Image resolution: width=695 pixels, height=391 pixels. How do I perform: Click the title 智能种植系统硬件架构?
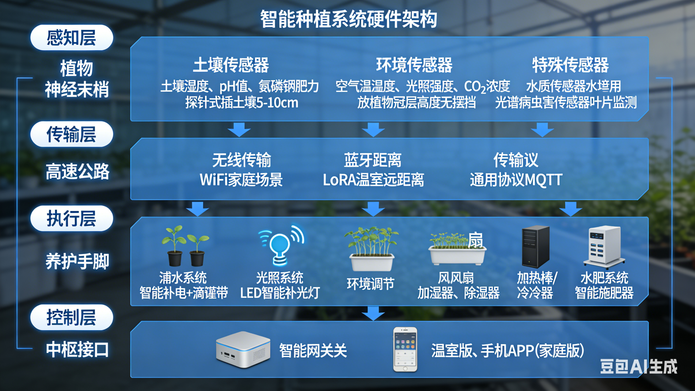point(348,19)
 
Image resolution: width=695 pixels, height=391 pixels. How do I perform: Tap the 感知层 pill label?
point(72,37)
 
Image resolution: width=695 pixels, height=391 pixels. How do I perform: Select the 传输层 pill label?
point(72,134)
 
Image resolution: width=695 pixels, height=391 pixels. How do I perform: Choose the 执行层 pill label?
point(72,218)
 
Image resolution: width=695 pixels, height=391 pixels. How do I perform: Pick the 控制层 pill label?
point(72,317)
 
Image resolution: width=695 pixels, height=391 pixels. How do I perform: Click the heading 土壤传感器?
point(231,65)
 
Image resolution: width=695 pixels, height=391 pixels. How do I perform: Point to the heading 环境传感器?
point(414,65)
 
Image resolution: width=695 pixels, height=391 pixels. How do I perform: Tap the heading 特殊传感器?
point(570,65)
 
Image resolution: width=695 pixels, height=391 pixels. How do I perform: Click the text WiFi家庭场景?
point(241,180)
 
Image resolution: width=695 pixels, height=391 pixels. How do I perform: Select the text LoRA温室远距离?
point(373,180)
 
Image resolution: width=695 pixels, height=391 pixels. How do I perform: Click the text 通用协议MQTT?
point(516,180)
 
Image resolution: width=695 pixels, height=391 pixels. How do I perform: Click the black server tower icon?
point(535,246)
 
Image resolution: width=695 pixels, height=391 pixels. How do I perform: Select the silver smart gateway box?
point(243,349)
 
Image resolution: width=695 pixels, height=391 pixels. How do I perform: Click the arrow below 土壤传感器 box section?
point(239,129)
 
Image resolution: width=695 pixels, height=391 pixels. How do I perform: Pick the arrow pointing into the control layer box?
point(373,313)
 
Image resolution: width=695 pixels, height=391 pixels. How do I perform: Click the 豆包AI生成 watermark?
point(639,367)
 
